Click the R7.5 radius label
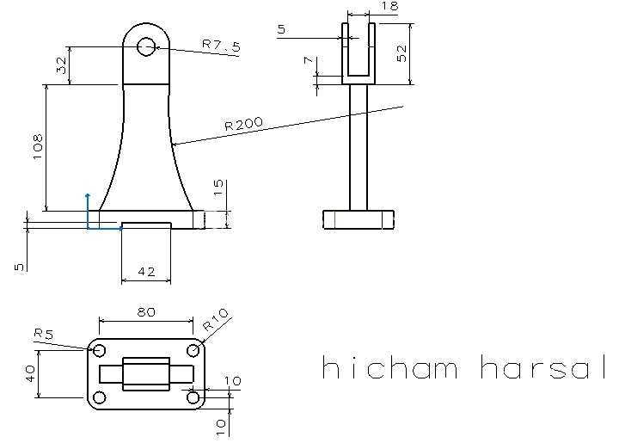(221, 46)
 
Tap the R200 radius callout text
(243, 124)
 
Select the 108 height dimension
(38, 146)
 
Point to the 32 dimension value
(61, 65)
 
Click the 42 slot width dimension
(146, 272)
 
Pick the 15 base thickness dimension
(218, 188)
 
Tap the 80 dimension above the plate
(146, 312)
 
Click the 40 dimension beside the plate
(30, 373)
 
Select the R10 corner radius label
(216, 320)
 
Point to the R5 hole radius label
(44, 334)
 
